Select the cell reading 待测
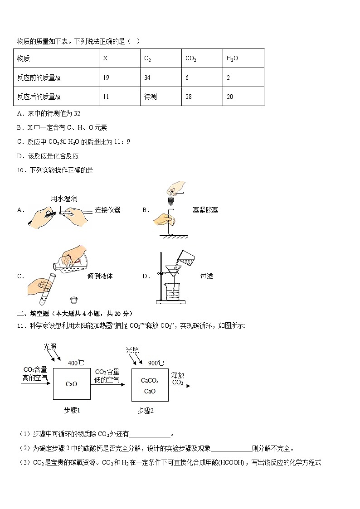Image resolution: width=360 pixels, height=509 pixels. point(150,97)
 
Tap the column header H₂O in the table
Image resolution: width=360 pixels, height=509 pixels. point(232,58)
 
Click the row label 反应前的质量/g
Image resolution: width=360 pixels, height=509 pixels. point(39,78)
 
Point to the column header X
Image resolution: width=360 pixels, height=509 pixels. point(105,58)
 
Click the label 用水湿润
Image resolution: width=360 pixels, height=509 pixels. point(64,199)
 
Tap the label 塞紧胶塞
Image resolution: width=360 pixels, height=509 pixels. point(205,210)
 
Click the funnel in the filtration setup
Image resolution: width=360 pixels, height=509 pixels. point(172,271)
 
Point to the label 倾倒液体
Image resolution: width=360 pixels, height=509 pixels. point(100,276)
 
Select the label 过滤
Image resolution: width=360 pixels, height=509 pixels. point(206,276)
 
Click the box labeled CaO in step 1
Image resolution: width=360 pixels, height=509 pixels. point(71,384)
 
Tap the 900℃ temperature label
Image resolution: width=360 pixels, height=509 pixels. point(156,363)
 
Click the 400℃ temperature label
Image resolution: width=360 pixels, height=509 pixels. point(76,363)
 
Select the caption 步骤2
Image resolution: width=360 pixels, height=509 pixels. point(146,411)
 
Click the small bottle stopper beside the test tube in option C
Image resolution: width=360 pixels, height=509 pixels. point(73,299)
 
